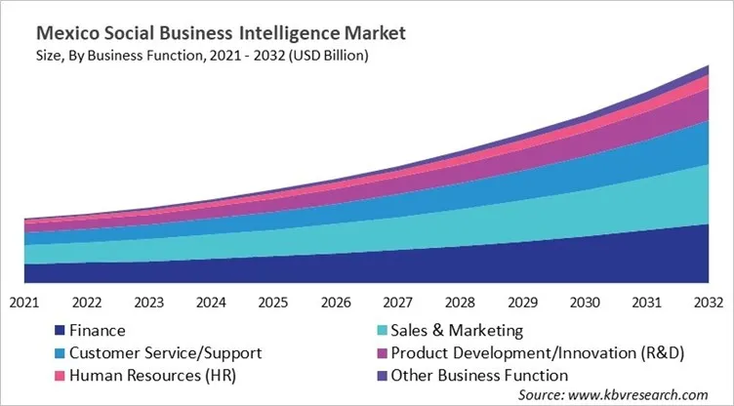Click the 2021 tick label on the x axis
24,302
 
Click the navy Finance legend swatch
62,331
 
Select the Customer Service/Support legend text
166,352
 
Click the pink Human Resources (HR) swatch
62,375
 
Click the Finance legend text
99,331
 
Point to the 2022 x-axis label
86,302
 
